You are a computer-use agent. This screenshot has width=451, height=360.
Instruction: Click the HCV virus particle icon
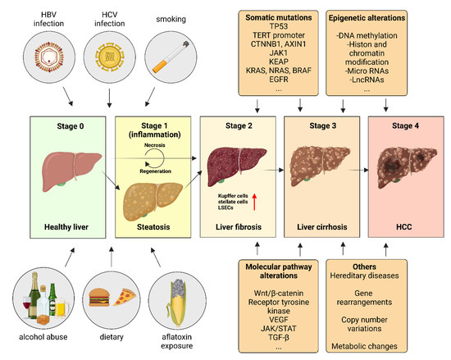point(109,58)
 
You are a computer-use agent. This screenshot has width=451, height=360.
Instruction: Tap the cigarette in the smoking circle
point(175,58)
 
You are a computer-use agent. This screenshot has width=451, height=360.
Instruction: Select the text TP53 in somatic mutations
point(238,26)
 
